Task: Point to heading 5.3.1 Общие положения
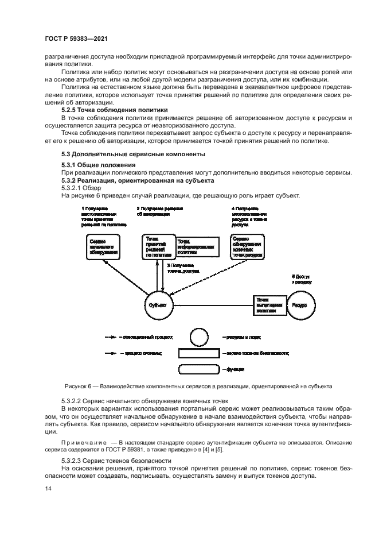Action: tap(94, 165)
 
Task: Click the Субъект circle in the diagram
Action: tap(157, 306)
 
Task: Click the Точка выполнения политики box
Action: tap(269, 306)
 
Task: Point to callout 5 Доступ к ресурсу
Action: tap(302, 280)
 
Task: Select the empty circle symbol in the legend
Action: tap(199, 337)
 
